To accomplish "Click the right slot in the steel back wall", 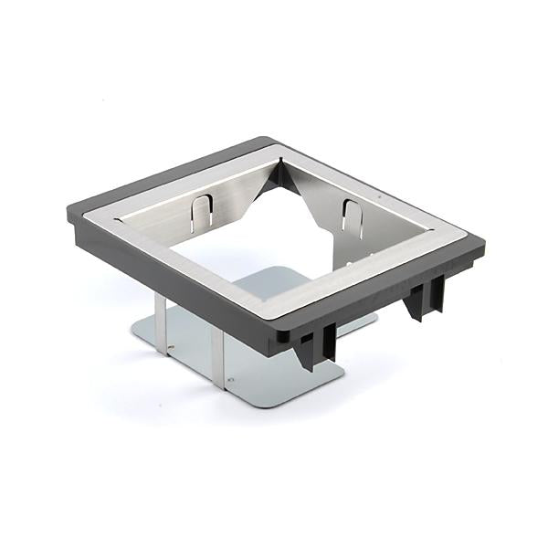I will [x=352, y=219].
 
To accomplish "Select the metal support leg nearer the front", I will [x=219, y=356].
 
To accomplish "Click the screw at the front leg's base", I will [x=230, y=381].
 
